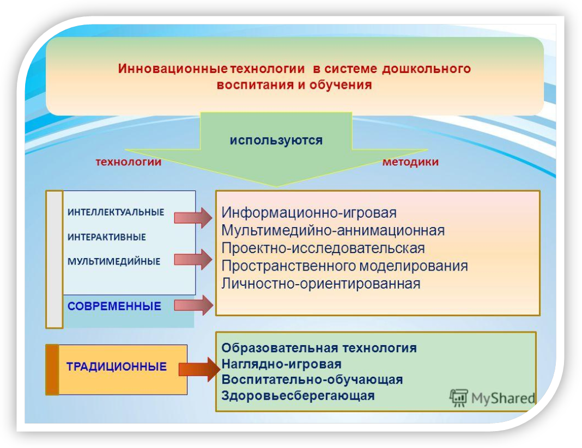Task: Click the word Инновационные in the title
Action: (x=173, y=69)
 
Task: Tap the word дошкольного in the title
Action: (x=426, y=69)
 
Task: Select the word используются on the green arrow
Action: (x=276, y=140)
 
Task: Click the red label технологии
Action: (x=129, y=162)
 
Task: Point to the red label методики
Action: (x=410, y=162)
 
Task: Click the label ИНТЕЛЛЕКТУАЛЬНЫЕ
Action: (x=116, y=212)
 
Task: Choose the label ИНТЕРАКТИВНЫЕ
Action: (x=106, y=237)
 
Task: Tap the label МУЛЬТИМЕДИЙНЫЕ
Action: (x=113, y=261)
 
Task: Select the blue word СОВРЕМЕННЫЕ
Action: (x=114, y=306)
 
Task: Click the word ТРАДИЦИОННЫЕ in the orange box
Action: (x=117, y=367)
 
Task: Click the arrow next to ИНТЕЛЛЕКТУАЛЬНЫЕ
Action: (x=193, y=218)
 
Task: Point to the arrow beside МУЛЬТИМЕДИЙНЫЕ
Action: (x=193, y=259)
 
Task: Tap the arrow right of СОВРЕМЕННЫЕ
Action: (x=194, y=305)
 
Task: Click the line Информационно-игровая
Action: (x=309, y=213)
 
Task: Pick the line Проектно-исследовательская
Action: (x=323, y=248)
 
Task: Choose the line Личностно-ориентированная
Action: (x=321, y=284)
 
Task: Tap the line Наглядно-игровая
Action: (x=281, y=364)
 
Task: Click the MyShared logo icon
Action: (x=459, y=398)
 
